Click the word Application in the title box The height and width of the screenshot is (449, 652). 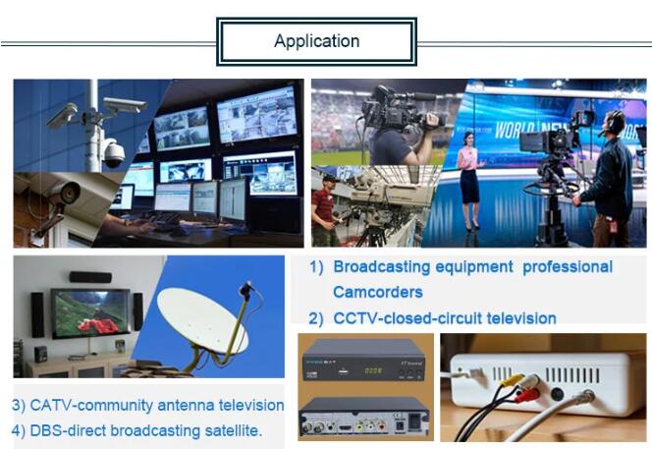click(x=317, y=41)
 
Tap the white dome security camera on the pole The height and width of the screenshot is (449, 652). click(x=113, y=152)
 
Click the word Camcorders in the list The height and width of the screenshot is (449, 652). click(x=378, y=292)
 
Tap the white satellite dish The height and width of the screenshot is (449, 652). click(x=202, y=318)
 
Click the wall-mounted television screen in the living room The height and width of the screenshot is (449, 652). click(x=90, y=313)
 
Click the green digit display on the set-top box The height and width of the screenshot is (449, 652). click(x=373, y=370)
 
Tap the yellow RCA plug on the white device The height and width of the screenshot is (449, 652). click(x=511, y=379)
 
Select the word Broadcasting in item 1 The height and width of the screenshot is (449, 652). click(x=382, y=266)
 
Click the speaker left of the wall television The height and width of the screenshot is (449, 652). click(x=37, y=314)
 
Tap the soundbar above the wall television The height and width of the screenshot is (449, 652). click(x=90, y=277)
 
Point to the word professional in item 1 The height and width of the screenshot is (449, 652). click(x=568, y=266)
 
